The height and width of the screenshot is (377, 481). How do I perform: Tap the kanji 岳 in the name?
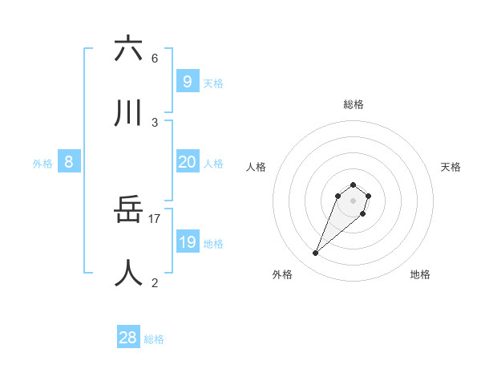point(128,210)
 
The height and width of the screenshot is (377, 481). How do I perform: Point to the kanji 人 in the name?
point(128,274)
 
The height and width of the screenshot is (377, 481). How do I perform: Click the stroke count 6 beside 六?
point(155,58)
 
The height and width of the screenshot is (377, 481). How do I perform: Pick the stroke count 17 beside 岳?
point(155,218)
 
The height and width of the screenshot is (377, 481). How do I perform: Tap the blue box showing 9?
point(187,81)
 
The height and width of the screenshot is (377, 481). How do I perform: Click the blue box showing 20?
point(187,162)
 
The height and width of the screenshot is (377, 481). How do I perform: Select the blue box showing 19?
point(187,242)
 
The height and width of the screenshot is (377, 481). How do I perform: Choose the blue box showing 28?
point(128,338)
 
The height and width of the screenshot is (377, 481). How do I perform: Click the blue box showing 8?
point(69,162)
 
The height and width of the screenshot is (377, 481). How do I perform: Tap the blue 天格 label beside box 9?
point(213,83)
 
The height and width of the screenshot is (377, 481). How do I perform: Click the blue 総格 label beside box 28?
point(154,339)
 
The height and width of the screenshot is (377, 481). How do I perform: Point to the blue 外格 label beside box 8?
point(42,164)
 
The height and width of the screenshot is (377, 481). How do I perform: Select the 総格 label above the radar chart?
point(354,104)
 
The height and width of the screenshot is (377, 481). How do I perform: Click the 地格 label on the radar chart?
point(420,274)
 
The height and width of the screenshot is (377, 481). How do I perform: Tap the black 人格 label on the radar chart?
point(257,167)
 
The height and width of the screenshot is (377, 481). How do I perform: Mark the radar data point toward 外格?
point(316,253)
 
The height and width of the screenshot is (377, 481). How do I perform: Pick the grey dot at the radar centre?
point(354,201)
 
